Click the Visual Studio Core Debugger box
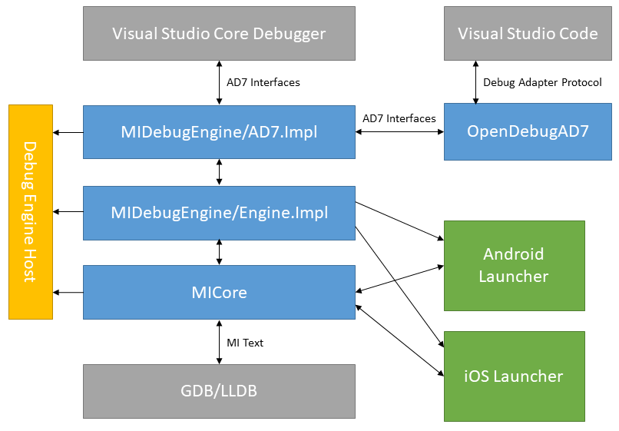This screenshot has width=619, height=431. (219, 33)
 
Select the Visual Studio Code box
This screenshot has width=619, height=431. (528, 33)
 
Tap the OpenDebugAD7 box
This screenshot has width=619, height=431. (528, 132)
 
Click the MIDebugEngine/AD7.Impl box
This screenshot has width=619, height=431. (219, 132)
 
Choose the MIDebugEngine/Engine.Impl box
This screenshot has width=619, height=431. (219, 212)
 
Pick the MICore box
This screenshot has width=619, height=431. (219, 292)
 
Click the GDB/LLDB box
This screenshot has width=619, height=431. (219, 391)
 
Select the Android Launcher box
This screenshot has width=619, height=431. (514, 265)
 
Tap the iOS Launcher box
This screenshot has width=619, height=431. (514, 376)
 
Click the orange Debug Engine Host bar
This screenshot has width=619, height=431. (31, 212)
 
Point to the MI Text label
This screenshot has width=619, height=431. (245, 343)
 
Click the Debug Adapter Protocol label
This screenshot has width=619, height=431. (542, 82)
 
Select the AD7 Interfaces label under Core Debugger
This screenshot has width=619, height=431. (263, 82)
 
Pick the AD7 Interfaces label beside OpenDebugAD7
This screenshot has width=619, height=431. (399, 118)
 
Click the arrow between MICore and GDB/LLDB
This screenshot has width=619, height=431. (220, 342)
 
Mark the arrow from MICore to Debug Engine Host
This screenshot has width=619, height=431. (68, 292)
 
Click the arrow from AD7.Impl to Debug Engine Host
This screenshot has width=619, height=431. (68, 133)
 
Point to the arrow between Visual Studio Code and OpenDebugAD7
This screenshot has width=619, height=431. (474, 82)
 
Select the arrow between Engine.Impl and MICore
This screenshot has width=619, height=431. (220, 252)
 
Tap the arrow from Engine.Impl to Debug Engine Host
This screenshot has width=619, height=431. (68, 212)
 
